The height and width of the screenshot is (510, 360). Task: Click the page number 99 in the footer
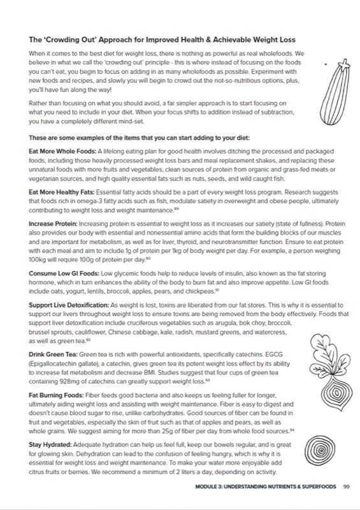[347, 486]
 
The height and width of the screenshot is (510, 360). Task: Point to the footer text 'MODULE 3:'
[212, 486]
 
